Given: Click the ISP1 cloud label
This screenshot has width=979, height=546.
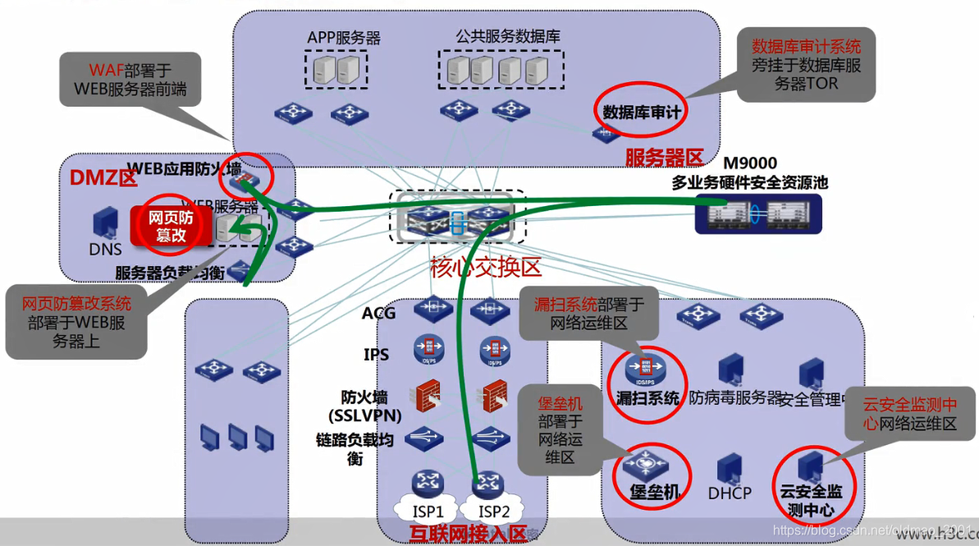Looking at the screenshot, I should (x=428, y=512).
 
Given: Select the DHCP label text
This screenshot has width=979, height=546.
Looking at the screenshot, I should (x=730, y=493).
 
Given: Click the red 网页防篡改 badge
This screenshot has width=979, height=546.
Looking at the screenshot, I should (x=171, y=226).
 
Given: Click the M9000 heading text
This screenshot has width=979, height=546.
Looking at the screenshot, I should (x=749, y=163).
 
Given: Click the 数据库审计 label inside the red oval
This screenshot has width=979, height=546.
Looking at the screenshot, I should (x=642, y=112).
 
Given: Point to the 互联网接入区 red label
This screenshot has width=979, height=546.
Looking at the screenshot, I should (x=467, y=535).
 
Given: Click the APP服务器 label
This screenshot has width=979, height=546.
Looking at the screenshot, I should (x=344, y=38).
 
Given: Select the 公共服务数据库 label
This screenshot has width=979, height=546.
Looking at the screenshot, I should (x=508, y=37).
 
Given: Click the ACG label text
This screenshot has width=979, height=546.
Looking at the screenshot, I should (x=379, y=313).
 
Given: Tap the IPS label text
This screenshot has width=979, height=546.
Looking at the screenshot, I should (x=377, y=355).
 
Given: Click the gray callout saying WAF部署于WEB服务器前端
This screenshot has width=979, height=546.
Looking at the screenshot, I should (x=130, y=80).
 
